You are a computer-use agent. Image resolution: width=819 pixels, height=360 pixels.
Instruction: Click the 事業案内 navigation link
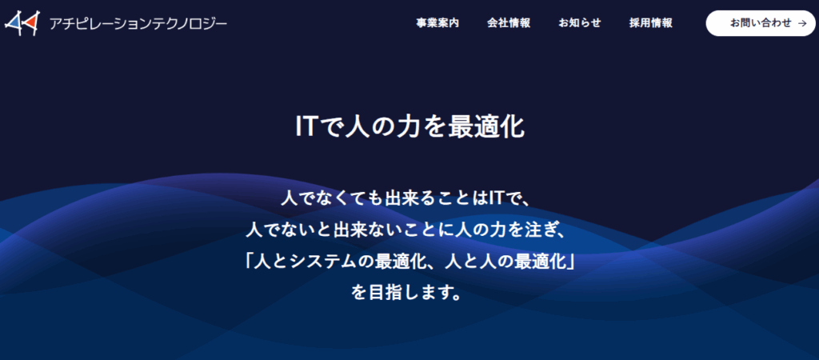(x=437, y=23)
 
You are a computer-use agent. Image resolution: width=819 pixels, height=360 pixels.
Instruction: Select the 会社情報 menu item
(x=509, y=23)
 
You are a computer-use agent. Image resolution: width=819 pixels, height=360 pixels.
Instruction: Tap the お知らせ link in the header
(x=580, y=23)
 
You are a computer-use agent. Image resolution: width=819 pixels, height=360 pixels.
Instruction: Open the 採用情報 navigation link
(x=651, y=23)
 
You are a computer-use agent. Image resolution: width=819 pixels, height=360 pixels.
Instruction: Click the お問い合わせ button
(x=761, y=23)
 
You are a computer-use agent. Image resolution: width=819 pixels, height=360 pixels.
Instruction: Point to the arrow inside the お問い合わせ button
(x=802, y=23)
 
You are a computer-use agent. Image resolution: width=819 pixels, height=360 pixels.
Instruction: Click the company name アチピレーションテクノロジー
(x=138, y=23)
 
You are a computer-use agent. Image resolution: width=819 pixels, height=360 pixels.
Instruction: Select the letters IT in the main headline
(x=306, y=127)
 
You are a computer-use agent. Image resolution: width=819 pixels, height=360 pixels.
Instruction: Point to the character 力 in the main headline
(x=409, y=127)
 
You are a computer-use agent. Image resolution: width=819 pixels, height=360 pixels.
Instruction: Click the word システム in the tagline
(x=330, y=261)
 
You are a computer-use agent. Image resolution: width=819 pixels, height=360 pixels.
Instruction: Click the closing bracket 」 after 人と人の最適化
(x=569, y=261)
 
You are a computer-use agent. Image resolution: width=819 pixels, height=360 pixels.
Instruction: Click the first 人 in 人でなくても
(x=289, y=198)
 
